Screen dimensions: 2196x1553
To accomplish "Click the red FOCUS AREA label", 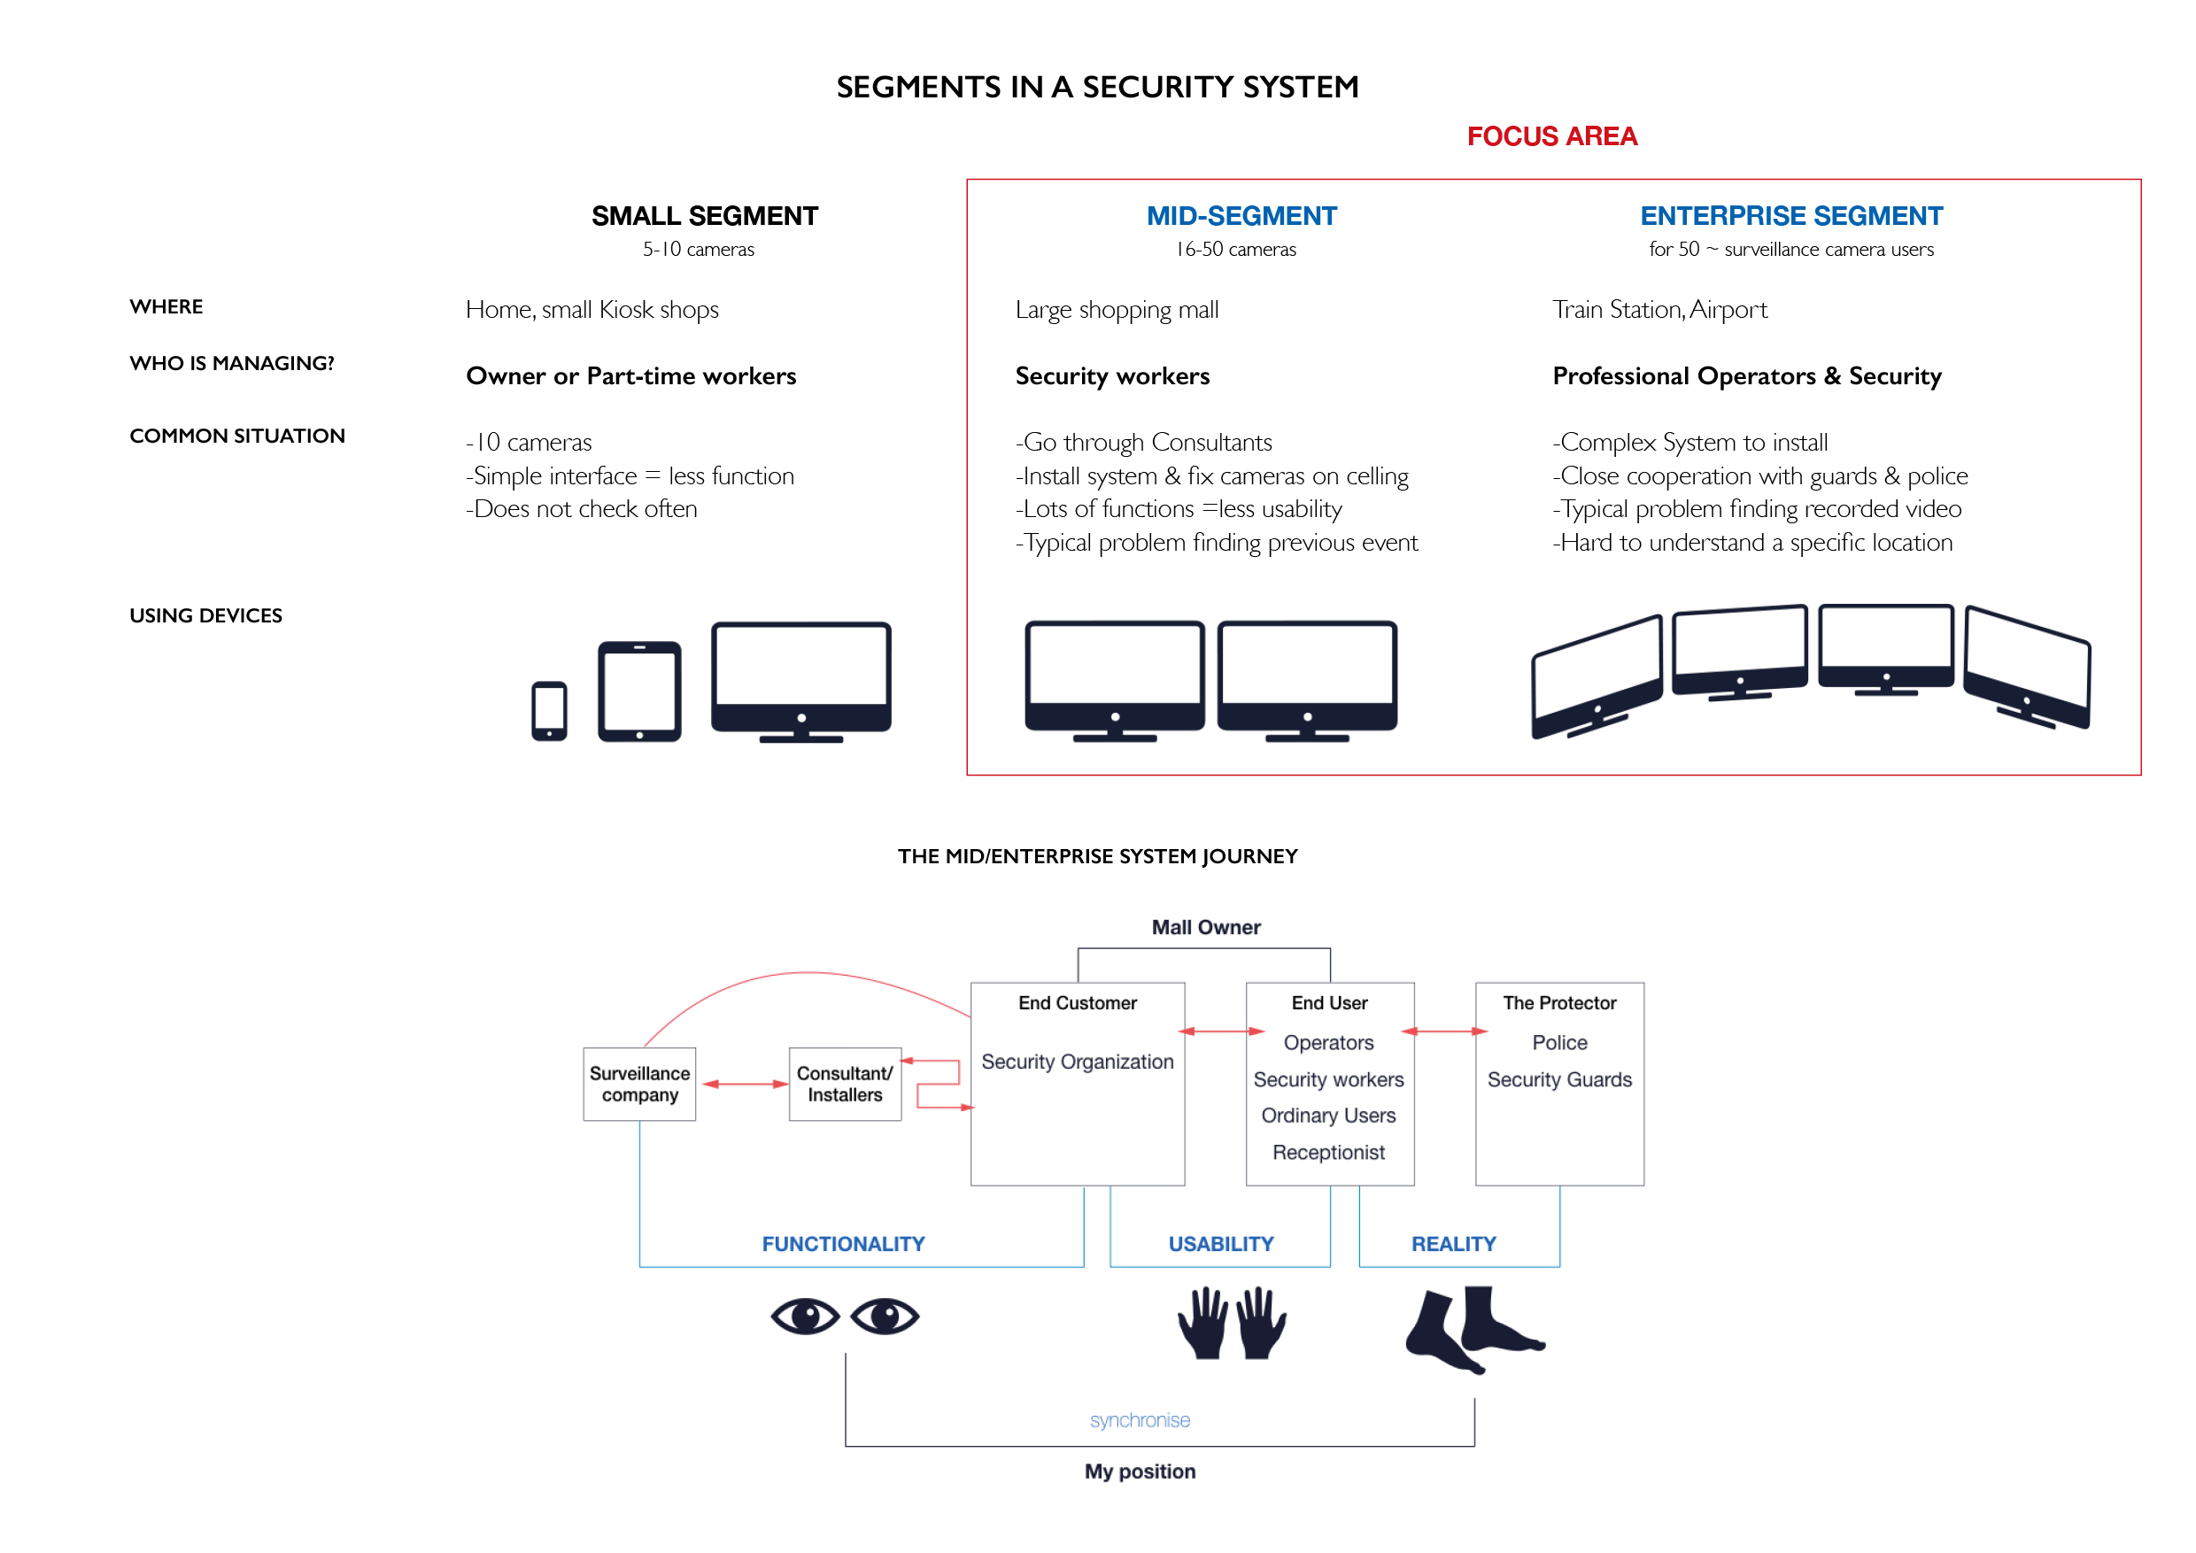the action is pos(1551,136).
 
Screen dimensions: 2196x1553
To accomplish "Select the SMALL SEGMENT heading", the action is pos(705,216).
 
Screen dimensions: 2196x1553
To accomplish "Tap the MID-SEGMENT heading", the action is pos(1241,216).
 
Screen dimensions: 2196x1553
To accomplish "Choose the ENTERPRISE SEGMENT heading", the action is pos(1791,216).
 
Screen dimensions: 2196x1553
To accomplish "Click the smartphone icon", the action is pos(549,710).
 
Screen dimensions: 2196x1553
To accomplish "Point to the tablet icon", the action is pos(640,692).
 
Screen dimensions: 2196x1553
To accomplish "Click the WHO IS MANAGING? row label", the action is pos(232,363).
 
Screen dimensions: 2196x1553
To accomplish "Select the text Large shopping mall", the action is pos(1117,311).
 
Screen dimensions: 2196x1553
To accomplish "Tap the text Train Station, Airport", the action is pos(1659,311).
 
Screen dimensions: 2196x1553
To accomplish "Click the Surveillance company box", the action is pos(640,1085).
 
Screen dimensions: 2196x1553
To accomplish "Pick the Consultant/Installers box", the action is pos(846,1085).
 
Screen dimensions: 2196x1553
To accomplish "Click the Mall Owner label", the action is pos(1206,928).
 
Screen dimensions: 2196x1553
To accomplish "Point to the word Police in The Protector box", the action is pos(1560,1042).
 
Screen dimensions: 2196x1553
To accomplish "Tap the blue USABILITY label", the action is pos(1221,1244).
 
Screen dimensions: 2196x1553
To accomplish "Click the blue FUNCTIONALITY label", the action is pos(844,1244).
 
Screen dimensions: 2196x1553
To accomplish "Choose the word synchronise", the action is pos(1141,1420).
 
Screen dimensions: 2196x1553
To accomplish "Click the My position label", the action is pos(1141,1472).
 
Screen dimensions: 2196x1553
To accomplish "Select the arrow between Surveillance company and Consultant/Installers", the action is pos(745,1085).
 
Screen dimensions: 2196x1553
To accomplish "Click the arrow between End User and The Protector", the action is pos(1445,1031).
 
